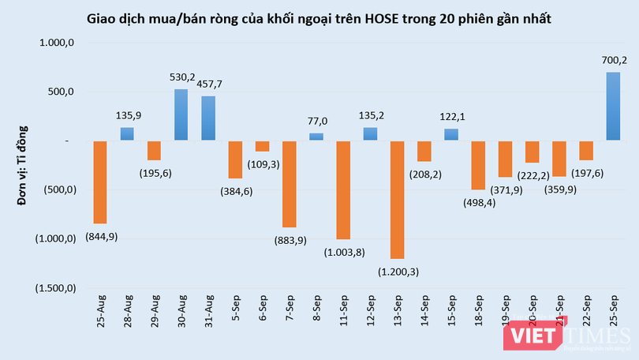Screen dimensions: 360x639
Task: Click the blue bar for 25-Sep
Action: click(x=613, y=107)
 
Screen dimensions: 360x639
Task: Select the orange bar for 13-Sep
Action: click(x=397, y=200)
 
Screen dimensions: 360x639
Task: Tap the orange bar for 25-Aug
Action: click(x=100, y=182)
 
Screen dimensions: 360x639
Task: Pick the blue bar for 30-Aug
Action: click(x=181, y=115)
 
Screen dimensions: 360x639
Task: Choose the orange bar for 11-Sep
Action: click(x=343, y=190)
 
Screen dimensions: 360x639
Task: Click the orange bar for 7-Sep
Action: click(x=289, y=184)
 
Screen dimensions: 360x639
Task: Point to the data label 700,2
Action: click(x=613, y=60)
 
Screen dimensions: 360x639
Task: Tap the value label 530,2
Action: click(x=181, y=77)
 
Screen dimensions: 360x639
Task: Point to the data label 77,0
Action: click(x=316, y=122)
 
